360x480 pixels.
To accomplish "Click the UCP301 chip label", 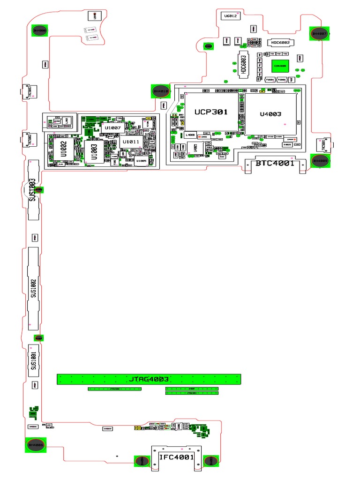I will coord(211,112).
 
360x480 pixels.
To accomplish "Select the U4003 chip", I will coord(270,114).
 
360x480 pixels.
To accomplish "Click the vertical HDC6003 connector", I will coord(243,64).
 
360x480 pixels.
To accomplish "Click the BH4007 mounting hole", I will coord(320,34).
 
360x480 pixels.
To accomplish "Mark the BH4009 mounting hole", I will coord(321,161).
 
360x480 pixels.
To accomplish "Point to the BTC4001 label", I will coord(275,164).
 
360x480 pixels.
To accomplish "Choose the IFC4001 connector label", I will coord(176,457).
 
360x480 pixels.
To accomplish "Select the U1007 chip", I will coord(113,127).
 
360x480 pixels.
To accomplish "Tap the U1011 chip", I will coord(131,142).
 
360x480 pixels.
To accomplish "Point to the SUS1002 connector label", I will coord(33,287).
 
